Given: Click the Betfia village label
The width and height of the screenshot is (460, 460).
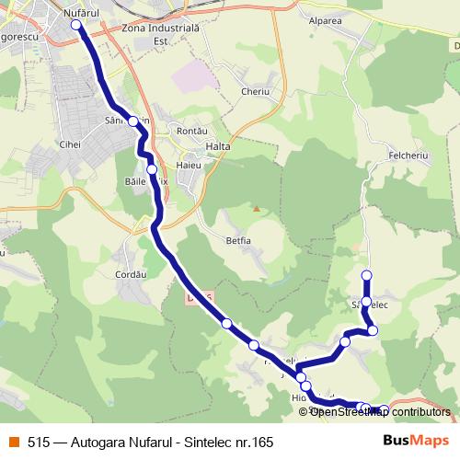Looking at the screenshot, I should (x=237, y=240).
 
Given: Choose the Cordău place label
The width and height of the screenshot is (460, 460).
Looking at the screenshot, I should (x=132, y=273).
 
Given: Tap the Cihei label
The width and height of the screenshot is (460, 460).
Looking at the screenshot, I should (x=69, y=144).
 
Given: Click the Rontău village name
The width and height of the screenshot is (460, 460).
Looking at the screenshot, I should (x=192, y=132).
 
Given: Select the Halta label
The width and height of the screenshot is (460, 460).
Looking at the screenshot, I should (x=218, y=146).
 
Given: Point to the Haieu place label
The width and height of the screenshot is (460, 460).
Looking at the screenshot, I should (x=188, y=166).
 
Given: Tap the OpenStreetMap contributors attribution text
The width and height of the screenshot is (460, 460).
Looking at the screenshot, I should (x=380, y=412).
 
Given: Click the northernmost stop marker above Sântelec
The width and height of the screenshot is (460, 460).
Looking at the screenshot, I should (x=366, y=275).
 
